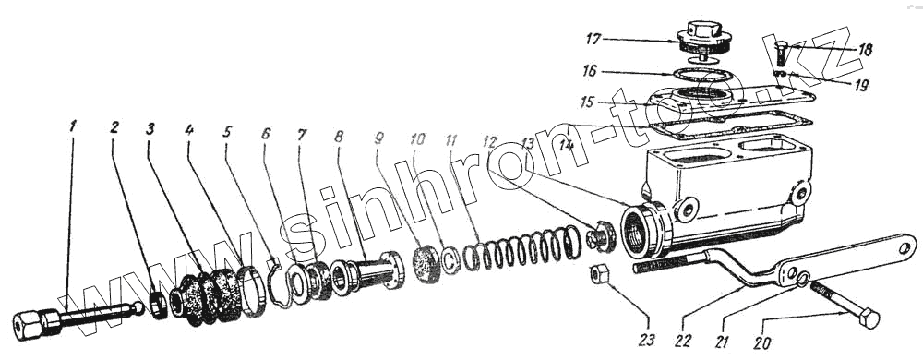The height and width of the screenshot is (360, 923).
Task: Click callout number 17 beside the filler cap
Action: click(x=593, y=40)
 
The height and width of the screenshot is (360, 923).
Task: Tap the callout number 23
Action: click(x=648, y=340)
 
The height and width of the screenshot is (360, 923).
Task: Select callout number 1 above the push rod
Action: click(x=72, y=126)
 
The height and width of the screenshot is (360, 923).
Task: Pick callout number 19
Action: click(x=861, y=86)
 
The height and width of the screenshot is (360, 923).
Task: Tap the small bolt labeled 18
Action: click(x=781, y=53)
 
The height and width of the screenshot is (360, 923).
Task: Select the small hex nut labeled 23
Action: click(x=598, y=273)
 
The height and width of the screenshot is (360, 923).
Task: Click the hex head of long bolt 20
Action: click(x=869, y=318)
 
